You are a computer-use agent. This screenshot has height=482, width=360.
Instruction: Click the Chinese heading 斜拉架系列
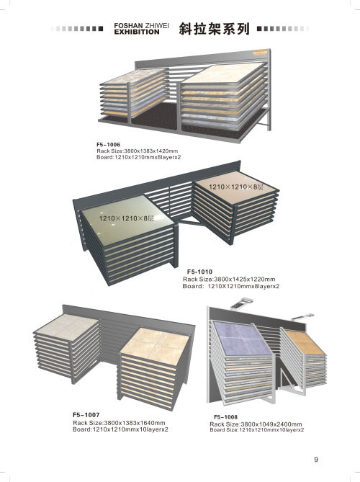214,29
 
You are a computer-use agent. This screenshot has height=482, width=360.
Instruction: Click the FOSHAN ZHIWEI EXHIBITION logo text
141,29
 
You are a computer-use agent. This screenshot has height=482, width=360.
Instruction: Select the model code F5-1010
199,272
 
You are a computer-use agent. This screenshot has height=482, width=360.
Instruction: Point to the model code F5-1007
86,415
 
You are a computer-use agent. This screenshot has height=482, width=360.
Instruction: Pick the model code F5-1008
226,417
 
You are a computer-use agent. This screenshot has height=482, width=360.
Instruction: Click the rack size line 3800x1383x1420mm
138,151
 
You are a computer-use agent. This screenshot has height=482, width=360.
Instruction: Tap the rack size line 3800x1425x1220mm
229,279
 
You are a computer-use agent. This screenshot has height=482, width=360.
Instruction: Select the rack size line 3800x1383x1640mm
119,423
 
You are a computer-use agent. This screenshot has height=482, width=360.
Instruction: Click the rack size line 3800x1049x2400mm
256,424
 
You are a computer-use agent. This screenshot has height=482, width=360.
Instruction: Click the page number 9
316,459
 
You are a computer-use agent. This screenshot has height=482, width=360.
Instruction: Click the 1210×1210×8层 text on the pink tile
236,187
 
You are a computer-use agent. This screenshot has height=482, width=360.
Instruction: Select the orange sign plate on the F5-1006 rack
261,53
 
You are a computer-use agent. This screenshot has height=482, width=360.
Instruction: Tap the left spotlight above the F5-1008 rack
241,303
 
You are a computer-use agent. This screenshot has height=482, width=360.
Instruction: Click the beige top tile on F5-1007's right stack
155,346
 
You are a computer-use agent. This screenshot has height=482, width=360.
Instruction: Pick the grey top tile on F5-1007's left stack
67,327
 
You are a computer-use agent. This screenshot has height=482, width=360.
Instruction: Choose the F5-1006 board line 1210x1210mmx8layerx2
138,157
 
